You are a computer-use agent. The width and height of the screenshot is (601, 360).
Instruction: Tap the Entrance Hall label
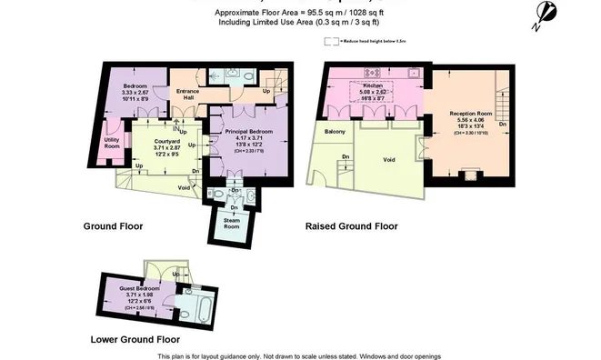click(189, 93)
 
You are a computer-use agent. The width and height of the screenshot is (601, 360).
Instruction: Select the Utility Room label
click(112, 143)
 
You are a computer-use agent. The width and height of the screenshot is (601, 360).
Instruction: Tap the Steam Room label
click(232, 223)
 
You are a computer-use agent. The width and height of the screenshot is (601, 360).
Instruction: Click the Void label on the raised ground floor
click(389, 159)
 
